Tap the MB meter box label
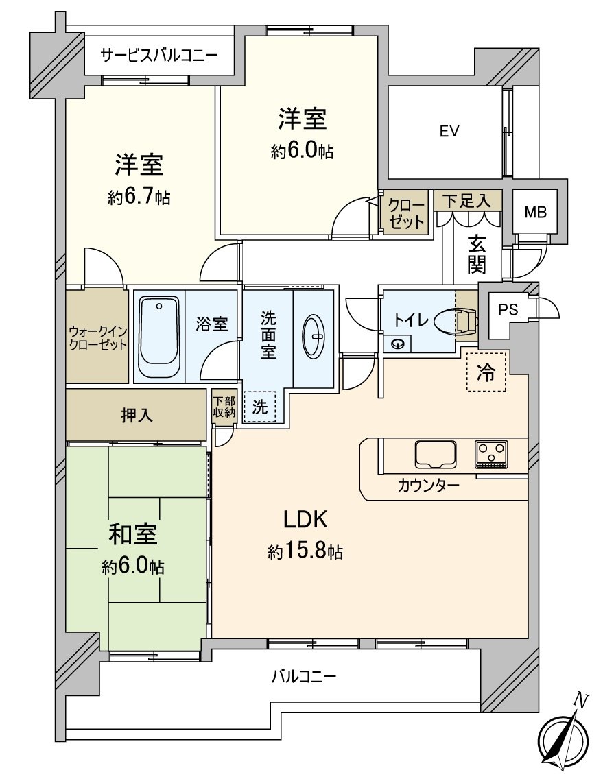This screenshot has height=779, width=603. (536, 212)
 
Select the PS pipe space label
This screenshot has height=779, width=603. (508, 310)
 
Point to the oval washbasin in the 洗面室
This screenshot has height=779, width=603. (314, 336)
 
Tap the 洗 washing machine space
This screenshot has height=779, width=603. (259, 407)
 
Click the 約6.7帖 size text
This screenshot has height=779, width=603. (139, 198)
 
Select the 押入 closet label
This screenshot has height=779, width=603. (137, 416)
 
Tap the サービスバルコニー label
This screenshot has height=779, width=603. (159, 55)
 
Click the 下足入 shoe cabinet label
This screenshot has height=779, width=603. (466, 201)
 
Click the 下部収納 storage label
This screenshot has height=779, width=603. (224, 407)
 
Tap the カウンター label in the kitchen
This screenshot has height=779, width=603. (428, 486)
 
